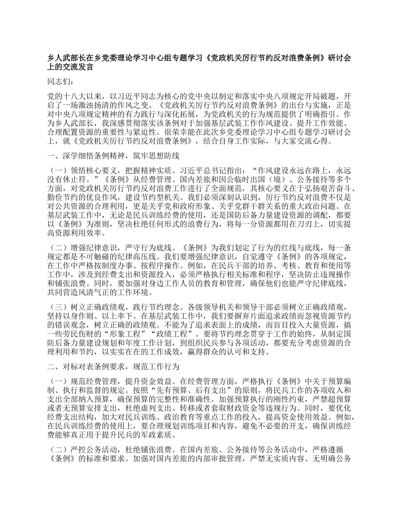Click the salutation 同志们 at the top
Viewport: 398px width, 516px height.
60,82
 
